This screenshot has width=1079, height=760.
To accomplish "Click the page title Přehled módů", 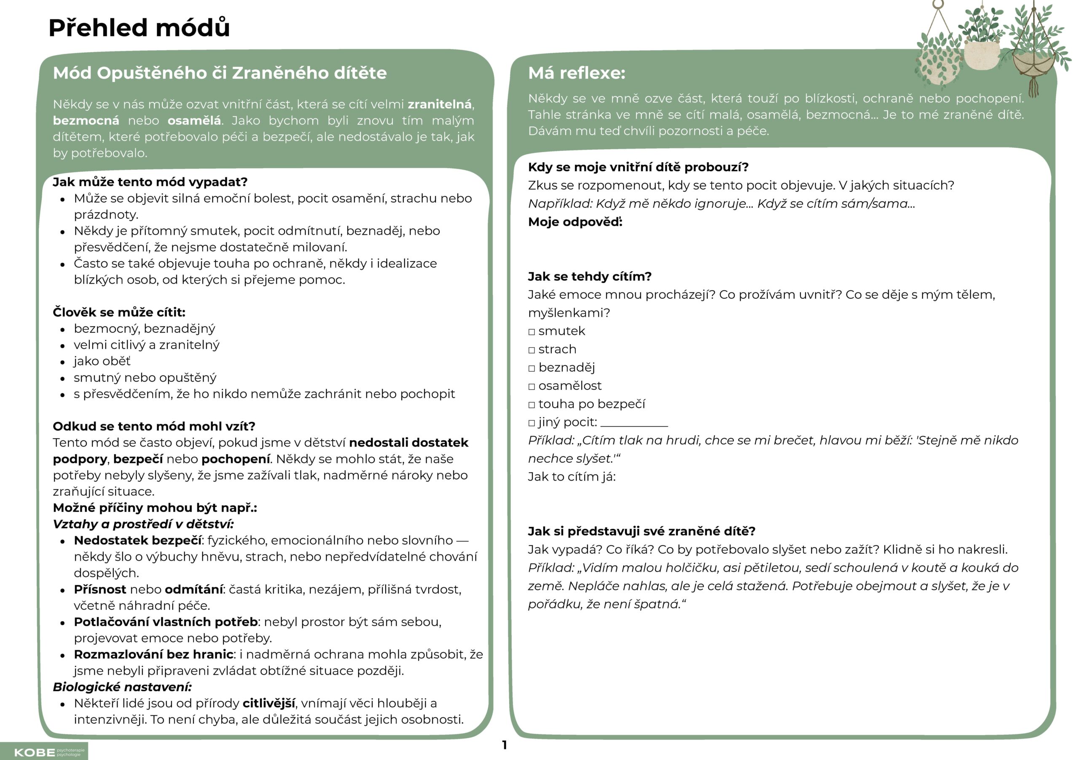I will click(x=139, y=28).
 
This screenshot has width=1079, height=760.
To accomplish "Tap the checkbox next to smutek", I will click(x=531, y=332).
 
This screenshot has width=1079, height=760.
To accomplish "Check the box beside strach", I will click(x=531, y=351).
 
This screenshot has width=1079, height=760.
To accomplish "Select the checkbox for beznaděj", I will click(x=531, y=369).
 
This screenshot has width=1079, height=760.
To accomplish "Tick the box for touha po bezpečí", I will click(x=531, y=405).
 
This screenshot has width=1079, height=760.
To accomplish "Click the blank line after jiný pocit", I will click(x=634, y=424).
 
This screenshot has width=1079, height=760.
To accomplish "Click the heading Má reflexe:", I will click(x=577, y=73).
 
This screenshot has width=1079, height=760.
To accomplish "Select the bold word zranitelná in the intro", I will click(x=440, y=104).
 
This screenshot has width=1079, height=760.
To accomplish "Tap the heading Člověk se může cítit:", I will click(x=119, y=312).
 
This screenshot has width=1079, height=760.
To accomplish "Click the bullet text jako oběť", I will click(x=102, y=361).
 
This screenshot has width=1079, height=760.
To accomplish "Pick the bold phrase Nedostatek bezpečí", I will click(x=138, y=541).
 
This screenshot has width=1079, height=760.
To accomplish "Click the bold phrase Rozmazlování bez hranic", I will click(x=153, y=654).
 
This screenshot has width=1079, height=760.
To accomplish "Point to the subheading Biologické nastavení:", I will click(x=122, y=687).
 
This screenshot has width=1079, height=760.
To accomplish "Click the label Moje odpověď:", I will click(x=575, y=222).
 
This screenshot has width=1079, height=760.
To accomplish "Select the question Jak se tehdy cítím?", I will click(x=589, y=277).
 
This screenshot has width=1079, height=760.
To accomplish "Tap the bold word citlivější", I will click(x=269, y=703).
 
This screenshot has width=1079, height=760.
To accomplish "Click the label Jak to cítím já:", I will click(x=572, y=477).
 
